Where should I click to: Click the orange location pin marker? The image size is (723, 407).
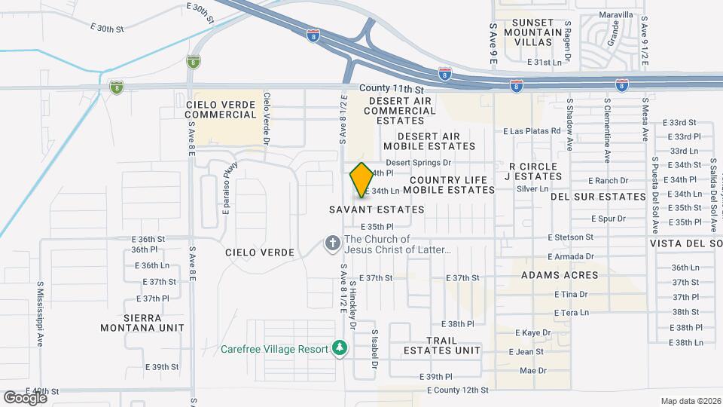pyautogui.click(x=361, y=179)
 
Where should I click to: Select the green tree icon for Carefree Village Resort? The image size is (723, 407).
pyautogui.click(x=341, y=347)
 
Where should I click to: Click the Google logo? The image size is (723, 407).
pyautogui.click(x=25, y=397)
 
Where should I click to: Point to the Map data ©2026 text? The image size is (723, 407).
pyautogui.click(x=690, y=401)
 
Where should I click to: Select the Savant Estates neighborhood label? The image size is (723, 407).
pyautogui.click(x=377, y=209)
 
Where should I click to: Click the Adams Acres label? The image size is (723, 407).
pyautogui.click(x=560, y=275)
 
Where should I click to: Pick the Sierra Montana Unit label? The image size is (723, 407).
pyautogui.click(x=142, y=323)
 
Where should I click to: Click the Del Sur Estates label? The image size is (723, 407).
pyautogui.click(x=598, y=197)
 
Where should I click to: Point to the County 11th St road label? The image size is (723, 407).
pyautogui.click(x=386, y=89)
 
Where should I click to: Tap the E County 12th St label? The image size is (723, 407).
pyautogui.click(x=457, y=390)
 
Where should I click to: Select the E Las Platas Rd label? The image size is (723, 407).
pyautogui.click(x=532, y=130)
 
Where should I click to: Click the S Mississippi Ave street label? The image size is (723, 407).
pyautogui.click(x=40, y=314)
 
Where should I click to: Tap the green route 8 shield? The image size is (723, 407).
pyautogui.click(x=115, y=87)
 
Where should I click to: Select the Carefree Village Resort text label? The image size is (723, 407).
pyautogui.click(x=275, y=349)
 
